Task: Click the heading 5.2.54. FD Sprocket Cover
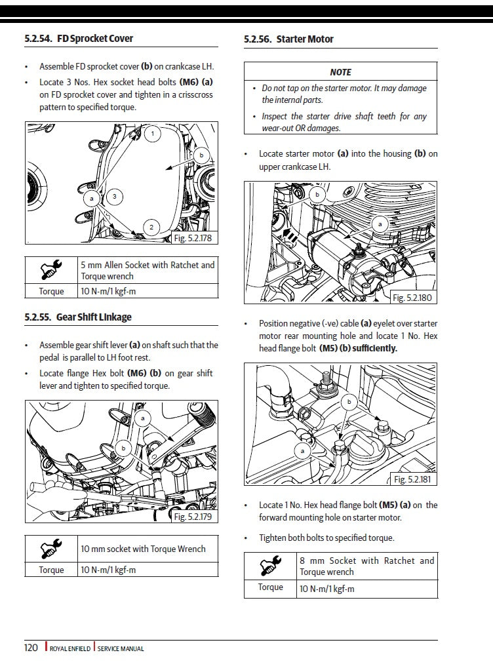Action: coord(78,39)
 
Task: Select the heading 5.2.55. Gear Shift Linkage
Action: coord(77,317)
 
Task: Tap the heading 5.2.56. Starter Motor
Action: coord(288,39)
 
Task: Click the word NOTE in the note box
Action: coord(340,72)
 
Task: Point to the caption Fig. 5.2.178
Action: coord(193,239)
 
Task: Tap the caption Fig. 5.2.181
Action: coord(412,480)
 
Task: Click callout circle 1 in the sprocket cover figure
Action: coord(152,134)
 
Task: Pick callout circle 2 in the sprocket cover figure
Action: coord(151,227)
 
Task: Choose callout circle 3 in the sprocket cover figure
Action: coord(114,196)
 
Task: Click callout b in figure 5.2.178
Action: coord(201,155)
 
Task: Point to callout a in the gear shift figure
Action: coord(142,418)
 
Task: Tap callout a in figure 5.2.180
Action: coord(380,224)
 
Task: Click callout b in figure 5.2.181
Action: coord(349,401)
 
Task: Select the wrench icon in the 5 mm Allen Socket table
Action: coord(51,269)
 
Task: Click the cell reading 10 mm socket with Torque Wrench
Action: coord(143,549)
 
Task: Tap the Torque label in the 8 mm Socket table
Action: coord(270,587)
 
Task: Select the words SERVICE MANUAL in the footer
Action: coord(121,648)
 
